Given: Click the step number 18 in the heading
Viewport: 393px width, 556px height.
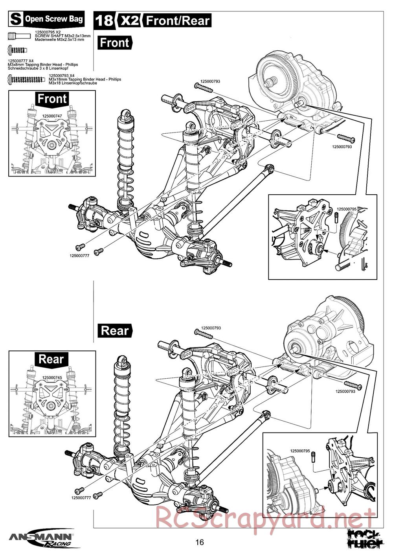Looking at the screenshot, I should coord(104,20).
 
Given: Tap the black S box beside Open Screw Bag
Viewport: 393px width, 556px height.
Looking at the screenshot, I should coord(16,18).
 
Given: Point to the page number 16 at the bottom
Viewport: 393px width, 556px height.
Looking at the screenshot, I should coord(200,543).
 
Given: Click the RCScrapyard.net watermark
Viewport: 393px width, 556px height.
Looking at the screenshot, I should coord(265,518).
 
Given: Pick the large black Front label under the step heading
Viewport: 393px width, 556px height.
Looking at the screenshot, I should coord(114,42).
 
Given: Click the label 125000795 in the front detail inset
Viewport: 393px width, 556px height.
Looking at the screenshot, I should coord(347,209).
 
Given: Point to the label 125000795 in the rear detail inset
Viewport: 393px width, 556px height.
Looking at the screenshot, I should coord(300,451).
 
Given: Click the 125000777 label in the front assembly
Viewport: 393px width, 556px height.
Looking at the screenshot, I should coord(79,255).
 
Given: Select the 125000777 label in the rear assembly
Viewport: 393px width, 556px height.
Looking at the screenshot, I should coord(81,497).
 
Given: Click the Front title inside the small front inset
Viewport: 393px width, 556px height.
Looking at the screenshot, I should coord(52,98).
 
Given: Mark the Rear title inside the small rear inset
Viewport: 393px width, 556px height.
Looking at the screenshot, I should coord(51,359).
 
